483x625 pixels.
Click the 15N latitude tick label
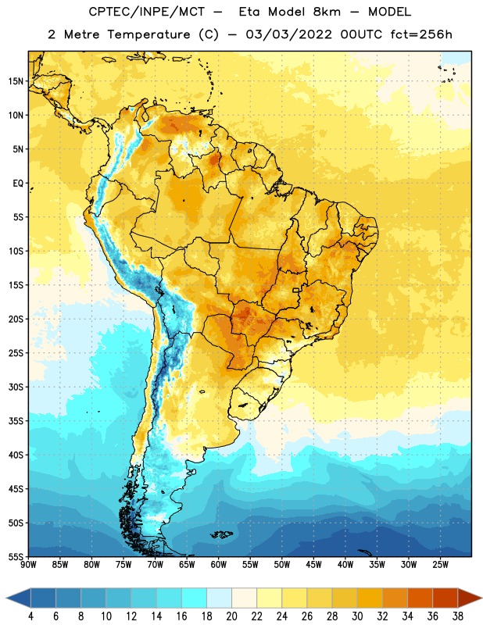(x=16, y=81)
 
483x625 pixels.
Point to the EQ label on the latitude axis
(x=18, y=184)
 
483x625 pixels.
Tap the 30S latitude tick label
(x=16, y=387)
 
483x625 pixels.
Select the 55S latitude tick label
(x=16, y=556)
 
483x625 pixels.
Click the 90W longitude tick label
(x=28, y=565)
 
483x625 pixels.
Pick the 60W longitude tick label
(x=219, y=565)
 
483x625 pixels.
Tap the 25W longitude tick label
(x=440, y=565)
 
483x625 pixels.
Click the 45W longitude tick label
(x=313, y=565)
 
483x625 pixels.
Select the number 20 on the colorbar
(x=231, y=616)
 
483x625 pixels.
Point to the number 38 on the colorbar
(x=458, y=616)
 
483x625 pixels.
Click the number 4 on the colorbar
(x=30, y=616)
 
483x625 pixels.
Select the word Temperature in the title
(x=148, y=35)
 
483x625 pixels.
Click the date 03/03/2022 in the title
(x=288, y=34)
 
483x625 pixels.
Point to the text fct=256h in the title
(x=421, y=34)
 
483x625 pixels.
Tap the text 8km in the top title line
(x=327, y=12)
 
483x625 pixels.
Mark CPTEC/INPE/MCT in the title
(x=147, y=12)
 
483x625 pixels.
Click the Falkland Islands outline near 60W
(x=222, y=534)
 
